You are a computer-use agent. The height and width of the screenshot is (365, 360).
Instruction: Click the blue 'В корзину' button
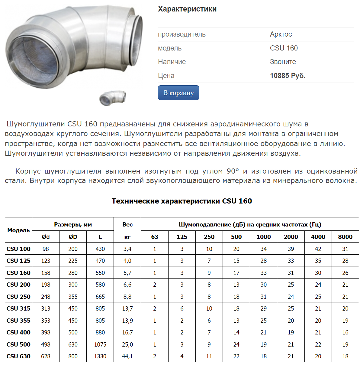pyautogui.click(x=178, y=93)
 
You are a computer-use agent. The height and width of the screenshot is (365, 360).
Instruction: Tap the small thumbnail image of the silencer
pyautogui.click(x=113, y=98)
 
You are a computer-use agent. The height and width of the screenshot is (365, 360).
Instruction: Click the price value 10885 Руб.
pyautogui.click(x=288, y=76)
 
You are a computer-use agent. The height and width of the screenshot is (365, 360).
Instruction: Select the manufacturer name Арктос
pyautogui.click(x=281, y=34)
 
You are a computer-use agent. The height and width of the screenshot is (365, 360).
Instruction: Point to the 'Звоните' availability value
pyautogui.click(x=283, y=62)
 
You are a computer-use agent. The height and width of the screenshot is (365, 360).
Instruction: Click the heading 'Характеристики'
pyautogui.click(x=187, y=9)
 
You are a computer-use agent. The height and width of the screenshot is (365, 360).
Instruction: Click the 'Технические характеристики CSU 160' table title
pyautogui.click(x=182, y=201)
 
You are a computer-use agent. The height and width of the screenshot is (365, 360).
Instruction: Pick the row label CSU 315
pyautogui.click(x=18, y=308)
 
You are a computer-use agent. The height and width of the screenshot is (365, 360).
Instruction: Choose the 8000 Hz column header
pyautogui.click(x=345, y=237)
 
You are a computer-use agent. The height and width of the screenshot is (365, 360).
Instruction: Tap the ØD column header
pyautogui.click(x=73, y=237)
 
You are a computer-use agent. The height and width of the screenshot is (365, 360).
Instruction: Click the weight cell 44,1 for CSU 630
pyautogui.click(x=127, y=356)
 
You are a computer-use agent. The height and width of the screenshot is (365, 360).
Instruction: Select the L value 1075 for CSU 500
pyautogui.click(x=100, y=344)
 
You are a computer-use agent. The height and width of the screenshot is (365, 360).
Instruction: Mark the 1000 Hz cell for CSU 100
pyautogui.click(x=263, y=249)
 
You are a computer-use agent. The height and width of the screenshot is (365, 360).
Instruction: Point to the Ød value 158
pyautogui.click(x=46, y=273)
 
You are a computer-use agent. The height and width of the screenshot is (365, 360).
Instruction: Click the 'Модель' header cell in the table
pyautogui.click(x=18, y=230)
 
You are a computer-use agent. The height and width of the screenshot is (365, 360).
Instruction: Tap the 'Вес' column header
pyautogui.click(x=127, y=224)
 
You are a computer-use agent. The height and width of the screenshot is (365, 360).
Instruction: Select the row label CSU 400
pyautogui.click(x=18, y=332)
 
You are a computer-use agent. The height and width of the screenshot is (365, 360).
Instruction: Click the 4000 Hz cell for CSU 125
pyautogui.click(x=318, y=261)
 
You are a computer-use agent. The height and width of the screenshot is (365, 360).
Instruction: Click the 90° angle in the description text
pyautogui.click(x=233, y=171)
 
